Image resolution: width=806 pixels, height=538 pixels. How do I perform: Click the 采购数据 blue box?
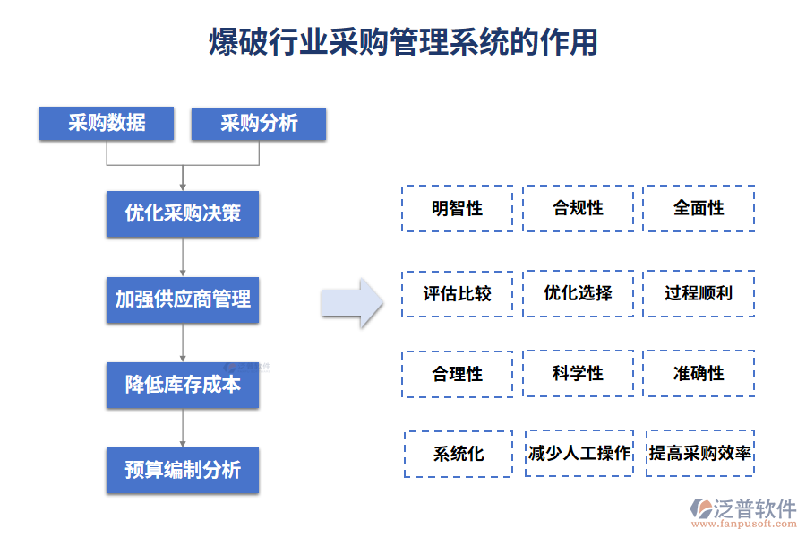pos(106,124)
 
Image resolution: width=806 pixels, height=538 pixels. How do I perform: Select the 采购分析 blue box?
pos(258,124)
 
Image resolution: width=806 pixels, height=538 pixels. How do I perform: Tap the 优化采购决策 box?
pos(182,213)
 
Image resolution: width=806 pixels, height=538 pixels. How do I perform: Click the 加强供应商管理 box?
pos(182,299)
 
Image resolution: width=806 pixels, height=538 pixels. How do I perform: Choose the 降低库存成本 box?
pos(182,385)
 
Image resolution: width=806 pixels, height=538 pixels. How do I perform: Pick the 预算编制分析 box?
pos(182,470)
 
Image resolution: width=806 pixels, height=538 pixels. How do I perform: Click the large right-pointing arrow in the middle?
pos(353,303)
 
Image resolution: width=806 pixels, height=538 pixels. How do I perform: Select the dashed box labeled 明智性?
pos(457,209)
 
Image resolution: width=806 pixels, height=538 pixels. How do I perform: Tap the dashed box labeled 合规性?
pos(578,209)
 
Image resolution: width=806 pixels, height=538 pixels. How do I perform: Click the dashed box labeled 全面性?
pos(699,209)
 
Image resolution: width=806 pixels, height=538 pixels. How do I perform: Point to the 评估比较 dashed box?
pos(457,293)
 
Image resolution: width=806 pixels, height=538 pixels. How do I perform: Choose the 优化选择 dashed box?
pos(578,293)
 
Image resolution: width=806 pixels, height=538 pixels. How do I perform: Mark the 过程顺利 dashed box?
pos(699,293)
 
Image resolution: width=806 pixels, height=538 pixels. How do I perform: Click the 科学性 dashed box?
pos(578,374)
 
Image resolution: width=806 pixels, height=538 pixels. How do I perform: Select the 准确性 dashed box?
pos(699,374)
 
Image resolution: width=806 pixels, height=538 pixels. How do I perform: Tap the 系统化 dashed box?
pos(459,454)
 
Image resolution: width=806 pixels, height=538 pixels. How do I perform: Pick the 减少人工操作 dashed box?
pos(579,454)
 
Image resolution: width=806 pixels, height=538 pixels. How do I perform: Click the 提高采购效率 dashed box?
pos(700,454)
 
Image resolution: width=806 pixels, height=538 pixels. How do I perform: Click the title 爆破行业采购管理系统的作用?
pos(403,42)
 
